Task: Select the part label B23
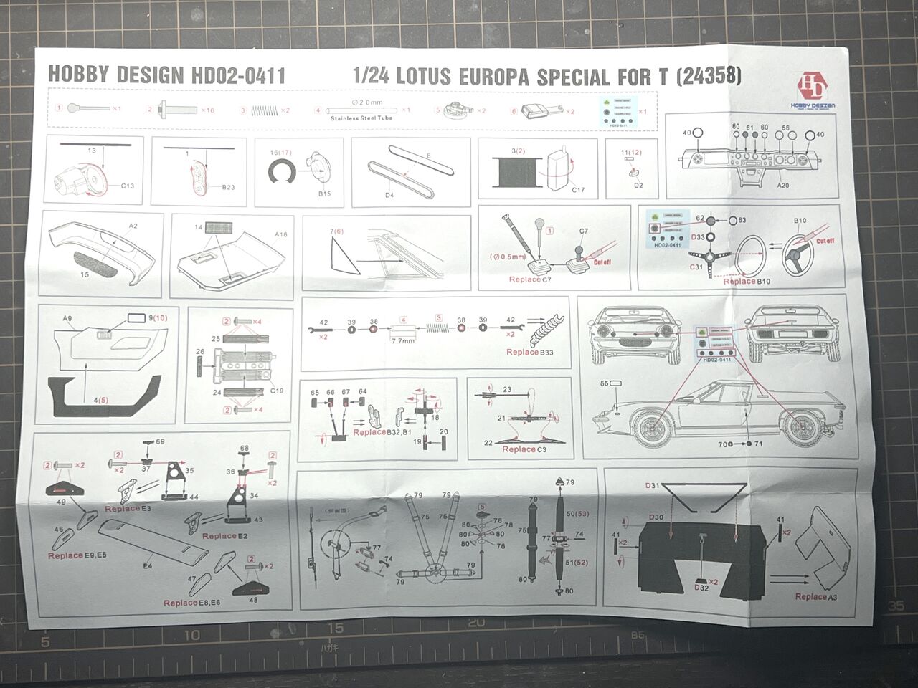228,187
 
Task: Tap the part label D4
389,194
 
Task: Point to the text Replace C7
530,279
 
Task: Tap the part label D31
652,487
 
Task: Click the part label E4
148,566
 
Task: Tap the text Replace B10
746,282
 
